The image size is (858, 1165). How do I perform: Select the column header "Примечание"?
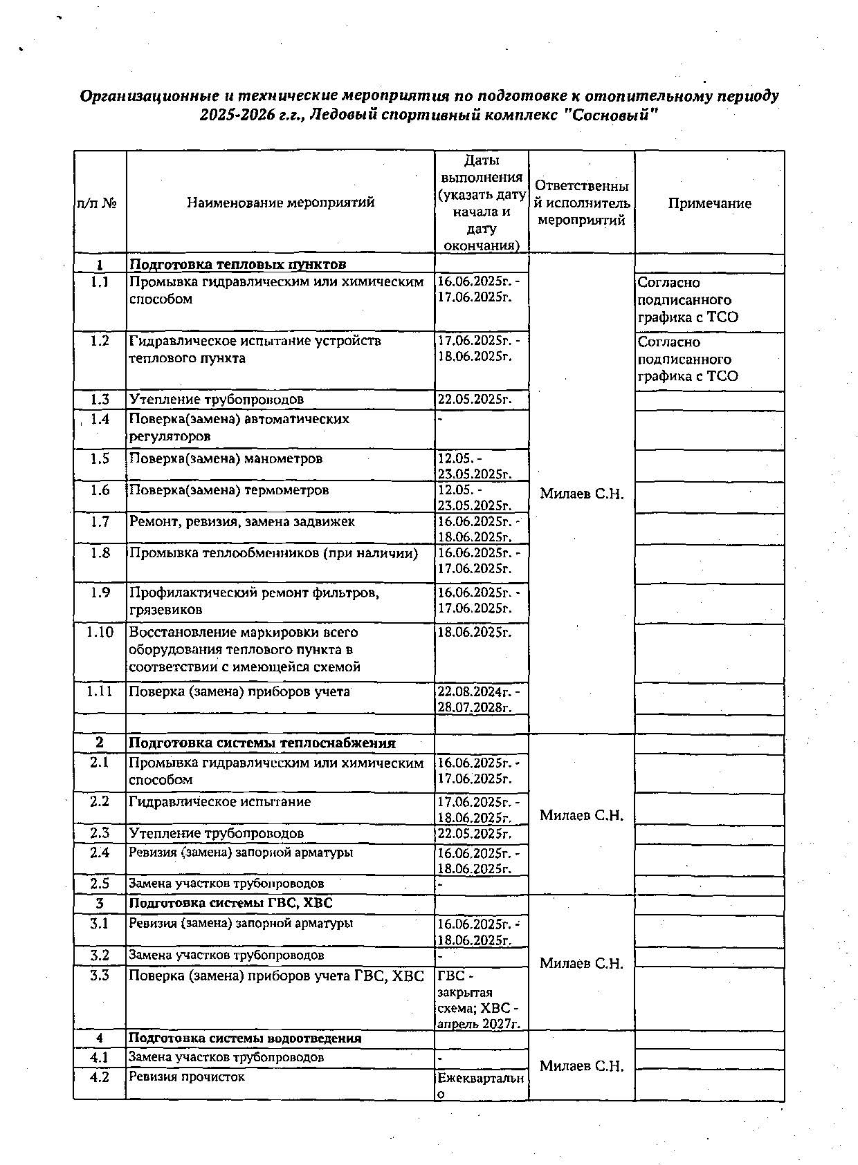click(x=709, y=203)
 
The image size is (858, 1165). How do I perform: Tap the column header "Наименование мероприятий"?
click(x=280, y=203)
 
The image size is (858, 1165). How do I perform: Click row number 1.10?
click(x=100, y=632)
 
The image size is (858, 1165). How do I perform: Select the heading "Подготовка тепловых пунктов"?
click(x=237, y=264)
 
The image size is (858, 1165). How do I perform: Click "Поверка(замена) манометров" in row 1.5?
click(x=225, y=459)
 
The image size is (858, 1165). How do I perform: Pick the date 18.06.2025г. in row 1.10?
click(x=474, y=632)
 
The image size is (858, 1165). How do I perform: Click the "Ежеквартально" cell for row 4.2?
click(x=480, y=1085)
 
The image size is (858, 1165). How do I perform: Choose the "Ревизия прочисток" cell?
click(x=186, y=1077)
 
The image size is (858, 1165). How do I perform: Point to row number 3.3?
click(x=100, y=976)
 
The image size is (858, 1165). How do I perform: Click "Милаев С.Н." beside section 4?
click(x=581, y=1066)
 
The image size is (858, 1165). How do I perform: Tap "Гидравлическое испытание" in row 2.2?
click(x=219, y=802)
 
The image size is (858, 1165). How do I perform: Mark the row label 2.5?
click(x=100, y=884)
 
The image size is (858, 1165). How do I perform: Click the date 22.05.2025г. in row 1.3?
click(x=474, y=400)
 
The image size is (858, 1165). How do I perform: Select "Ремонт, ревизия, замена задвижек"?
click(x=241, y=522)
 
